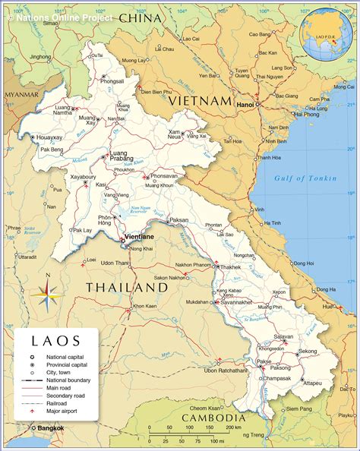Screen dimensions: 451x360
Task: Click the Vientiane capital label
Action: point(139,237)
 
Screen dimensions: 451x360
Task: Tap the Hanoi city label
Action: point(245,104)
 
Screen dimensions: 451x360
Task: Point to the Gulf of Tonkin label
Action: point(301,178)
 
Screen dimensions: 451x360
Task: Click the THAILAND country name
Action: point(126,288)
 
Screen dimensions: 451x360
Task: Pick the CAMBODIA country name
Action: point(214,418)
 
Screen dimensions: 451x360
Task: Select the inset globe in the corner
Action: point(326,34)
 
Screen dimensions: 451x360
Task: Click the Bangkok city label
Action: point(50,428)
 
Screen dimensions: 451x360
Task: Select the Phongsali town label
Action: point(112,81)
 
